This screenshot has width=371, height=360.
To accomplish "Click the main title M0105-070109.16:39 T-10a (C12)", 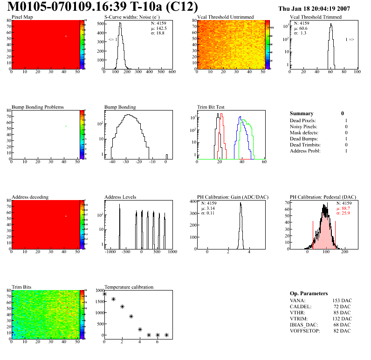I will (x=103, y=7).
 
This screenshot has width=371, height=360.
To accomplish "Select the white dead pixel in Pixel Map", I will (x=66, y=36).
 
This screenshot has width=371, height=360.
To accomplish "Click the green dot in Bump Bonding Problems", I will (x=66, y=126).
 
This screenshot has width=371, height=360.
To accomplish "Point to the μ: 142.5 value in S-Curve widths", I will (x=158, y=28).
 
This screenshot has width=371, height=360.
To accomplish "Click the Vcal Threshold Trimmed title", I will (x=316, y=17).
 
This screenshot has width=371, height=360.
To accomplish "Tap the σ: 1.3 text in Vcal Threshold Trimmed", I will (x=300, y=33).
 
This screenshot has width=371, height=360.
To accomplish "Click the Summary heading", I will (x=302, y=113).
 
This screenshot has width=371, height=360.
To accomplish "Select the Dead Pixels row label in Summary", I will (x=302, y=121).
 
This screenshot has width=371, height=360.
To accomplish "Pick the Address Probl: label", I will (x=305, y=151).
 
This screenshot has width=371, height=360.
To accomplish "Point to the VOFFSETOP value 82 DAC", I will (x=342, y=331).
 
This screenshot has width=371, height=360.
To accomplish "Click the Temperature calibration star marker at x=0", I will (x=104, y=294).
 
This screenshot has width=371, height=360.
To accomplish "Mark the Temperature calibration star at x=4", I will (x=140, y=329).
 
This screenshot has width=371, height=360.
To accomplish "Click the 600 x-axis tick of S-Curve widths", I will (x=172, y=72).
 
